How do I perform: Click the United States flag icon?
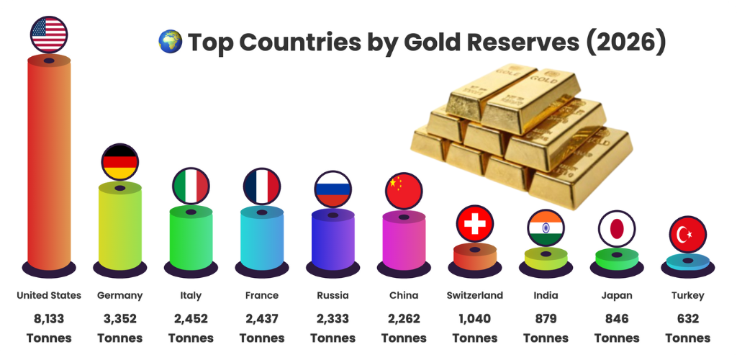tap(49, 34)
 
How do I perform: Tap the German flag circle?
tap(119, 162)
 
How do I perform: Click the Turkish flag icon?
tap(688, 235)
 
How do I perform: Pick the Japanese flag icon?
tap(617, 229)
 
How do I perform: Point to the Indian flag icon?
tap(546, 228)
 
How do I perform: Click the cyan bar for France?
tap(261, 240)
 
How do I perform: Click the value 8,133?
tap(49, 318)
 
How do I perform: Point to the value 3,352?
tap(119, 318)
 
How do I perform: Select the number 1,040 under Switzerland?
tap(475, 318)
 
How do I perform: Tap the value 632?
tap(688, 318)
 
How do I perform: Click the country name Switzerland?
tap(475, 295)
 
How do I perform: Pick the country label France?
tap(261, 295)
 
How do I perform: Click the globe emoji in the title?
tap(171, 42)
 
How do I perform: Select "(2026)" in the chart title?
tap(625, 42)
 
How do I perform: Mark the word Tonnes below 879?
tap(546, 338)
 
